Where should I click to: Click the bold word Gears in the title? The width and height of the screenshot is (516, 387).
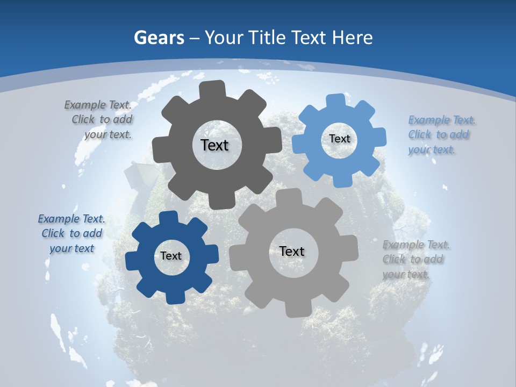tap(157, 38)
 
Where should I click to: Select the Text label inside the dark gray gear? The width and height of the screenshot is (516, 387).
tap(214, 145)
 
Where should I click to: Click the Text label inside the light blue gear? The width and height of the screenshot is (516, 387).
tap(339, 139)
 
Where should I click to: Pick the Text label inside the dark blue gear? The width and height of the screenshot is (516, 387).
tap(171, 256)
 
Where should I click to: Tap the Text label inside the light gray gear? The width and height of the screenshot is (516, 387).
tap(292, 251)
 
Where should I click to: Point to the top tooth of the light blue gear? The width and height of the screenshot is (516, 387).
tap(335, 101)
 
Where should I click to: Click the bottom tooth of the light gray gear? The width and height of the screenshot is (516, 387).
tap(295, 309)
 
